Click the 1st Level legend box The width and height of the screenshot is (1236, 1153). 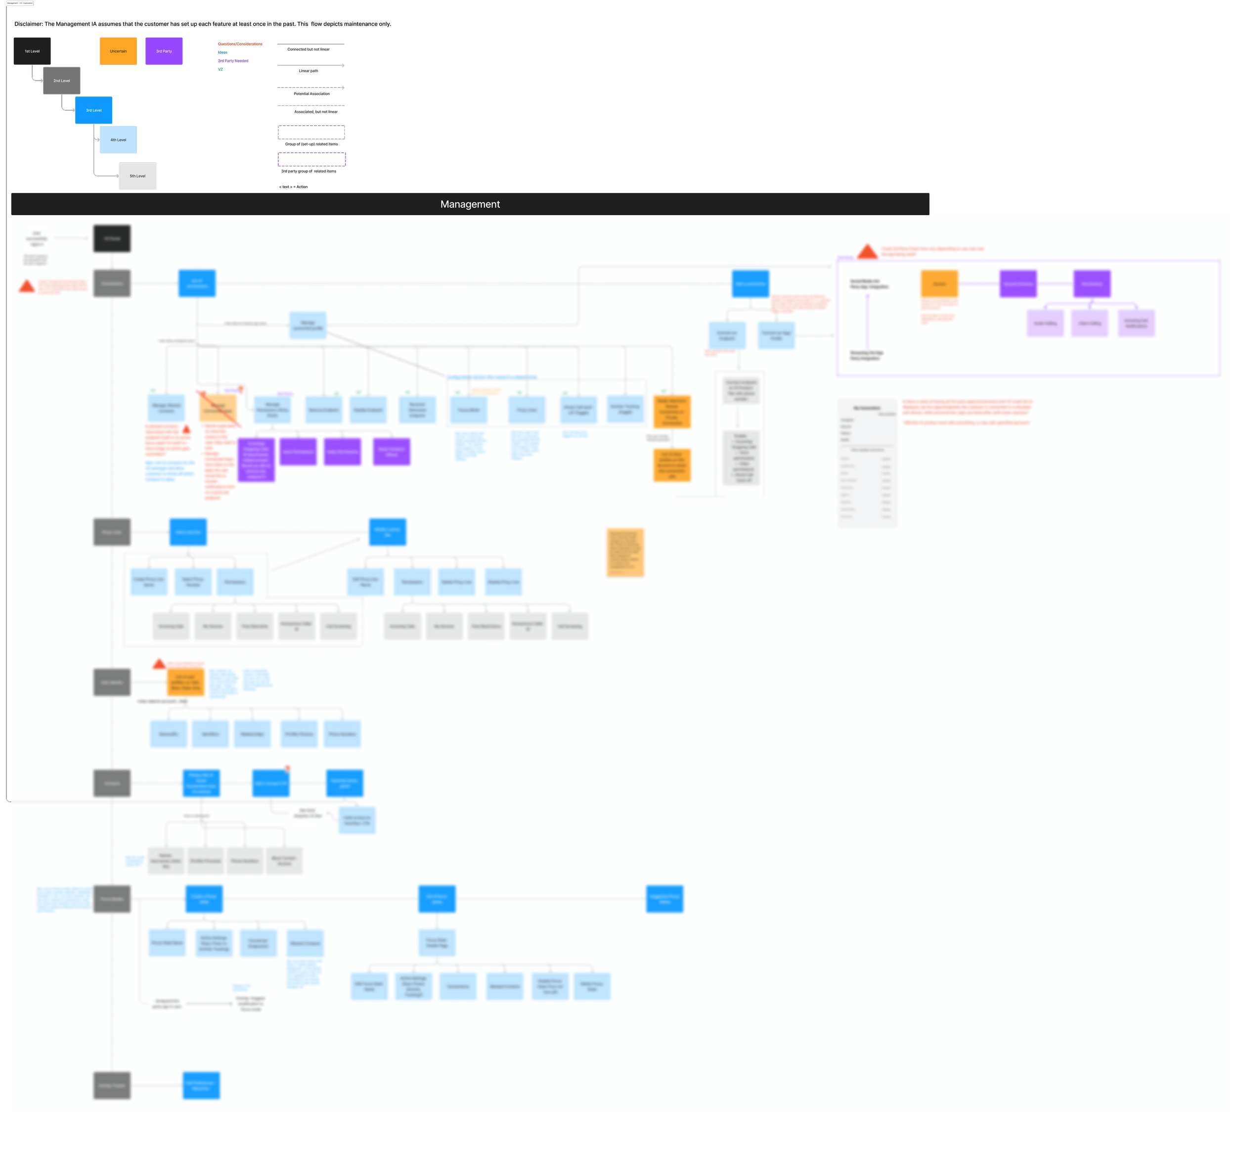[x=32, y=51]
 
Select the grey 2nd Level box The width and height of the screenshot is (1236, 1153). [x=61, y=81]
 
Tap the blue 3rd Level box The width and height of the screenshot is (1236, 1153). [x=93, y=110]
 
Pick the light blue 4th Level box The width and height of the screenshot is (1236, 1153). [x=118, y=140]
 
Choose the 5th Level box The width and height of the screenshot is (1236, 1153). [x=137, y=176]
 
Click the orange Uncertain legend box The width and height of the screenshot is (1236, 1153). [x=118, y=51]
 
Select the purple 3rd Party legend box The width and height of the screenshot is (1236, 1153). [x=164, y=51]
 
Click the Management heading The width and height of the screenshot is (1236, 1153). [x=470, y=204]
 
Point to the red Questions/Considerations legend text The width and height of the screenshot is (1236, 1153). [x=240, y=44]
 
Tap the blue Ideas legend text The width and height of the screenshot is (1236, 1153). [x=222, y=52]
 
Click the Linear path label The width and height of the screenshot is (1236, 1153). [x=309, y=71]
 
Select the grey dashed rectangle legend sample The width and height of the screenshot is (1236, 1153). [x=311, y=132]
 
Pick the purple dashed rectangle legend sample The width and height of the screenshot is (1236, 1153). [x=311, y=159]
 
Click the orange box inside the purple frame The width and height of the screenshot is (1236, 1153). [x=939, y=283]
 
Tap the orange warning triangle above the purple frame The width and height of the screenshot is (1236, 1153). [x=867, y=251]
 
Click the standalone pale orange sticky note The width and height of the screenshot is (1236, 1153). [x=625, y=552]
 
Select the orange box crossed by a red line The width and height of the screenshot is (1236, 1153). [x=218, y=408]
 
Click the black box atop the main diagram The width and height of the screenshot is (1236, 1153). [x=112, y=238]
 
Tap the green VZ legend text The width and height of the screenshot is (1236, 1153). [x=220, y=69]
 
